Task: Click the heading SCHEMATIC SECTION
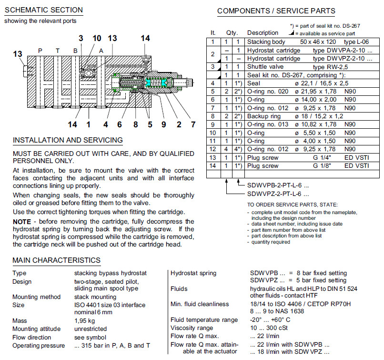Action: point(43,10)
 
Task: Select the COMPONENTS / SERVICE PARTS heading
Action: point(276,11)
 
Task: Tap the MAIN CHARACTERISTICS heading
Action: point(56,260)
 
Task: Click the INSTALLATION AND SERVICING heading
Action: point(68,140)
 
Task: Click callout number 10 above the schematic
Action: point(97,38)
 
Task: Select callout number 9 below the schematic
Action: point(163,125)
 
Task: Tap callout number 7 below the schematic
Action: point(193,125)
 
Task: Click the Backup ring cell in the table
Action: point(264,116)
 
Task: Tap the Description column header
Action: point(263,33)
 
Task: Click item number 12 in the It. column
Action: point(213,149)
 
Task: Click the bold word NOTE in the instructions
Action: point(21,222)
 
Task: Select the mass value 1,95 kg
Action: point(85,321)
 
